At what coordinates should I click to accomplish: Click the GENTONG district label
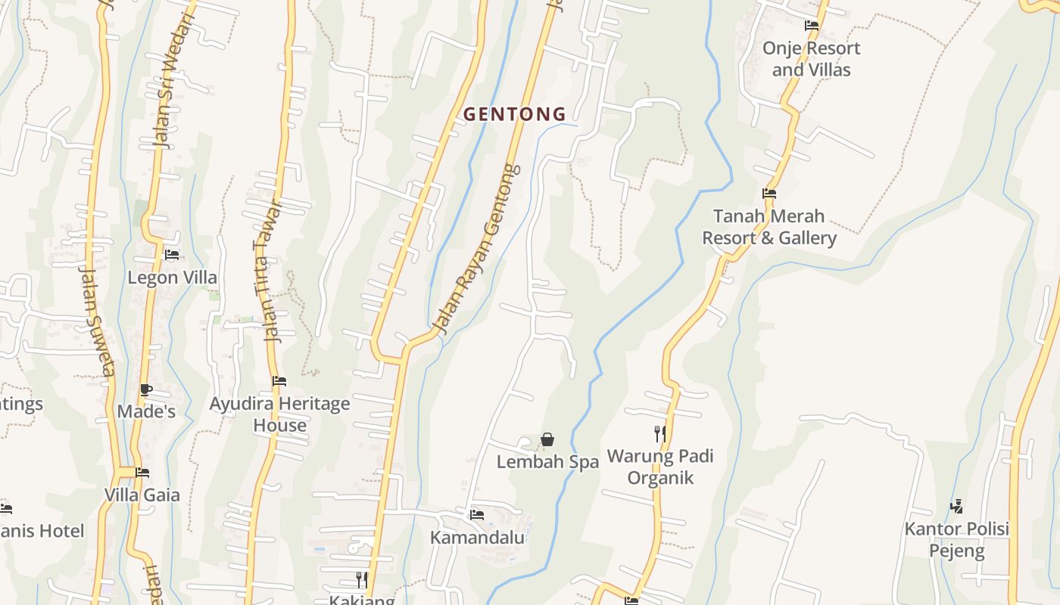514,114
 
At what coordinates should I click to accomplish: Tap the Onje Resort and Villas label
811,59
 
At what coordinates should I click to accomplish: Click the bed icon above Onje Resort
812,26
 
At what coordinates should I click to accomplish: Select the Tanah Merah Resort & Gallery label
769,227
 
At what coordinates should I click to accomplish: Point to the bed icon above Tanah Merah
769,194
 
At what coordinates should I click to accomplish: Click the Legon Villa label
172,278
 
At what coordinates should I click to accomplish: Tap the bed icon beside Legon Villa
172,255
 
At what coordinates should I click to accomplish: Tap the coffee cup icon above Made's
145,390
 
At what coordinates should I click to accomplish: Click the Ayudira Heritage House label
279,414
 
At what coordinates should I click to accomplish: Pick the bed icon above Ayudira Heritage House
279,381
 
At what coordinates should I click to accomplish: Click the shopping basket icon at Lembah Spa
547,439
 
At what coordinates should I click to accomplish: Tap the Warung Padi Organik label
660,467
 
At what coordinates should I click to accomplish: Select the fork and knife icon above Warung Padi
660,433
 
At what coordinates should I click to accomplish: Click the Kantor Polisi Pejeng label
957,539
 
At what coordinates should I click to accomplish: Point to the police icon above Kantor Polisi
957,506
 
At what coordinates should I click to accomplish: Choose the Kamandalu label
477,538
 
